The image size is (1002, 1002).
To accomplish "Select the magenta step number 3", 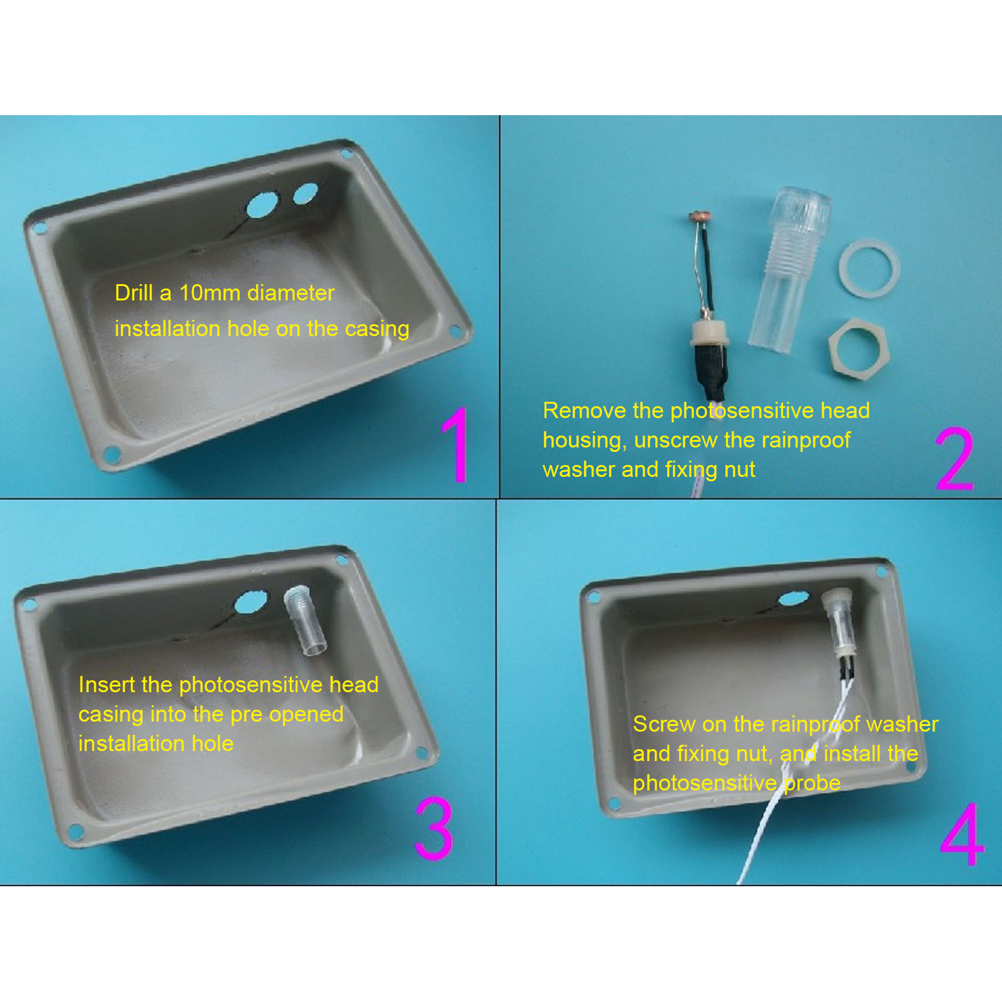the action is click(434, 827).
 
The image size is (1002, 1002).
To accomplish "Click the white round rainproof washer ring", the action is click(869, 268).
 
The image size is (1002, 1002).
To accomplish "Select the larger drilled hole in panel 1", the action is click(262, 205).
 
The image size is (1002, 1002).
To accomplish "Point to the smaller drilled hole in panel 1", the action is click(305, 193).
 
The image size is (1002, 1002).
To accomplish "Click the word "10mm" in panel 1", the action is click(206, 293).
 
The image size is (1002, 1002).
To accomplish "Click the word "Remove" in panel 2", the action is click(585, 411).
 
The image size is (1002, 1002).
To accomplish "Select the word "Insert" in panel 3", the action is click(106, 685).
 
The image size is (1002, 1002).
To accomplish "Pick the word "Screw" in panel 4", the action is click(664, 724).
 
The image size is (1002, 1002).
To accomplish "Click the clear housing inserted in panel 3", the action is click(305, 620).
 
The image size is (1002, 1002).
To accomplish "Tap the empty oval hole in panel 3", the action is click(251, 602).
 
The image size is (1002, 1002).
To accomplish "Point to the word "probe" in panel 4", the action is click(812, 784).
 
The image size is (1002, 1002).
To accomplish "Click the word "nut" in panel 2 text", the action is click(740, 470).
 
